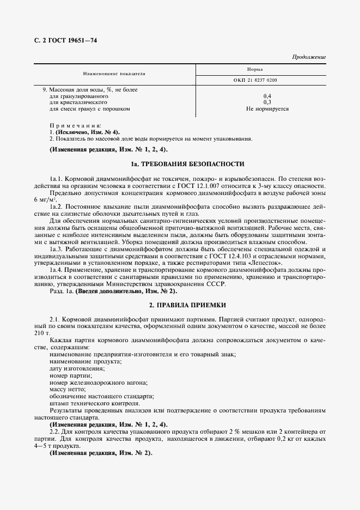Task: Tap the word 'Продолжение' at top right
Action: pyautogui.click(x=309, y=57)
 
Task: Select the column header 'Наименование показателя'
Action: pyautogui.click(x=114, y=73)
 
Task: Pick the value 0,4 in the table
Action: pyautogui.click(x=267, y=96)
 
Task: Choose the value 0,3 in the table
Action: pyautogui.click(x=267, y=102)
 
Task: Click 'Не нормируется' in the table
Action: pyautogui.click(x=267, y=108)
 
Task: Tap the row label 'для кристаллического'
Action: pyautogui.click(x=78, y=102)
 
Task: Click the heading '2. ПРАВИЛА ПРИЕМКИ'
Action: pyautogui.click(x=187, y=305)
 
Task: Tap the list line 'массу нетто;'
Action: pyautogui.click(x=68, y=390)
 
